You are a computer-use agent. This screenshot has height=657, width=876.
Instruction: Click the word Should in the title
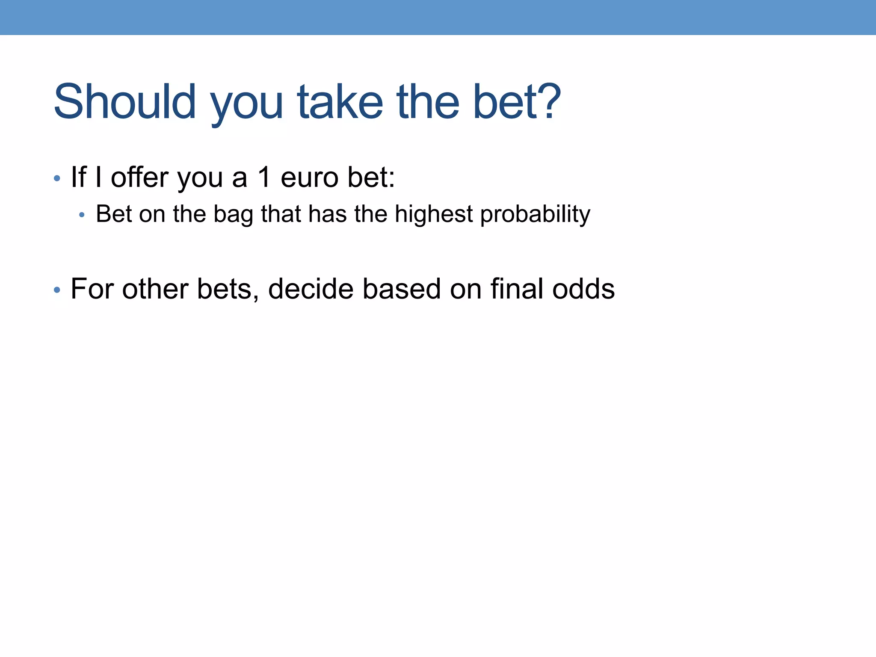124,102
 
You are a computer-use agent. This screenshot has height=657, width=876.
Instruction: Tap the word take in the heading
340,102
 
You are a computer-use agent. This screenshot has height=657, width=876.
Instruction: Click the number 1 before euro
264,177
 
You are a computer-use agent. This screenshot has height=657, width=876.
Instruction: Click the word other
155,289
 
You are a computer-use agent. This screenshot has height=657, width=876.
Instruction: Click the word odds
583,289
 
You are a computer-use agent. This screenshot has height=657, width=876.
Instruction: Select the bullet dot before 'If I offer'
57,178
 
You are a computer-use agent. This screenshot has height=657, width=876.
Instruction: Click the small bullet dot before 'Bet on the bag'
82,215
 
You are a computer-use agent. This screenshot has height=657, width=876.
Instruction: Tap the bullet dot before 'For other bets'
57,290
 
